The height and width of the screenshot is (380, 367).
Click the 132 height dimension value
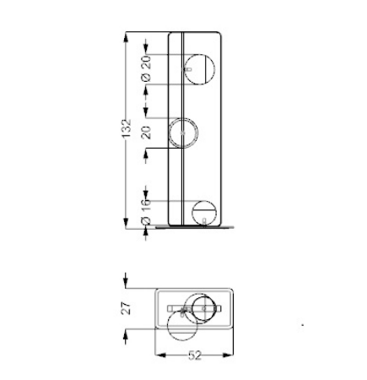pos(127,128)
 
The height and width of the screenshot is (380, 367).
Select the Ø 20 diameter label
pos(147,69)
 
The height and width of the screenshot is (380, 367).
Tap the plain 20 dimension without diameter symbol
pos(146,133)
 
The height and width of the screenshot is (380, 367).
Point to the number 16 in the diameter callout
pos(146,204)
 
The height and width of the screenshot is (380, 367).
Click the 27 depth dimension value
pos(127,308)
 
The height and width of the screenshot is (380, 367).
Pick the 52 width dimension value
pos(195,356)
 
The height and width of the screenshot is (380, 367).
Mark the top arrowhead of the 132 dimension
pos(126,36)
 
